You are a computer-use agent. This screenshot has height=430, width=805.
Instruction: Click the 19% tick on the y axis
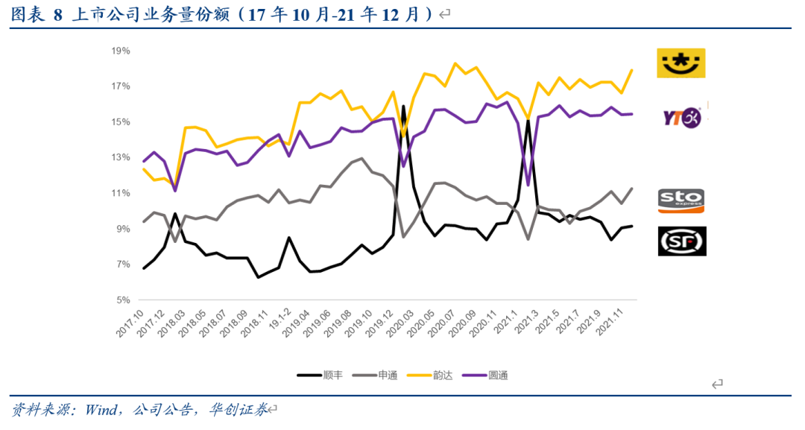[x=121, y=51]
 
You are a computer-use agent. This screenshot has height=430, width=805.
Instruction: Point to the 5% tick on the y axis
[x=123, y=300]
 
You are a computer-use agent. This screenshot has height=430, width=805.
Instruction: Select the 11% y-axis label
[x=121, y=193]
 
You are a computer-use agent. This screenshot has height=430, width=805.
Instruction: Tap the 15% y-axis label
[x=121, y=121]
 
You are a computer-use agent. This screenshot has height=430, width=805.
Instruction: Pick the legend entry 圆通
[x=497, y=376]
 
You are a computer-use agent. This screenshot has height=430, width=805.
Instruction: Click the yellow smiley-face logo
[x=681, y=63]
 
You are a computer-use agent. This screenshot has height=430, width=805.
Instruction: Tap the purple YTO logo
[x=681, y=117]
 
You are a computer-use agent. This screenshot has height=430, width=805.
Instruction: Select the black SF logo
[x=681, y=241]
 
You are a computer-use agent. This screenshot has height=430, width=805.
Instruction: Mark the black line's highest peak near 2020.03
[x=403, y=106]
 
